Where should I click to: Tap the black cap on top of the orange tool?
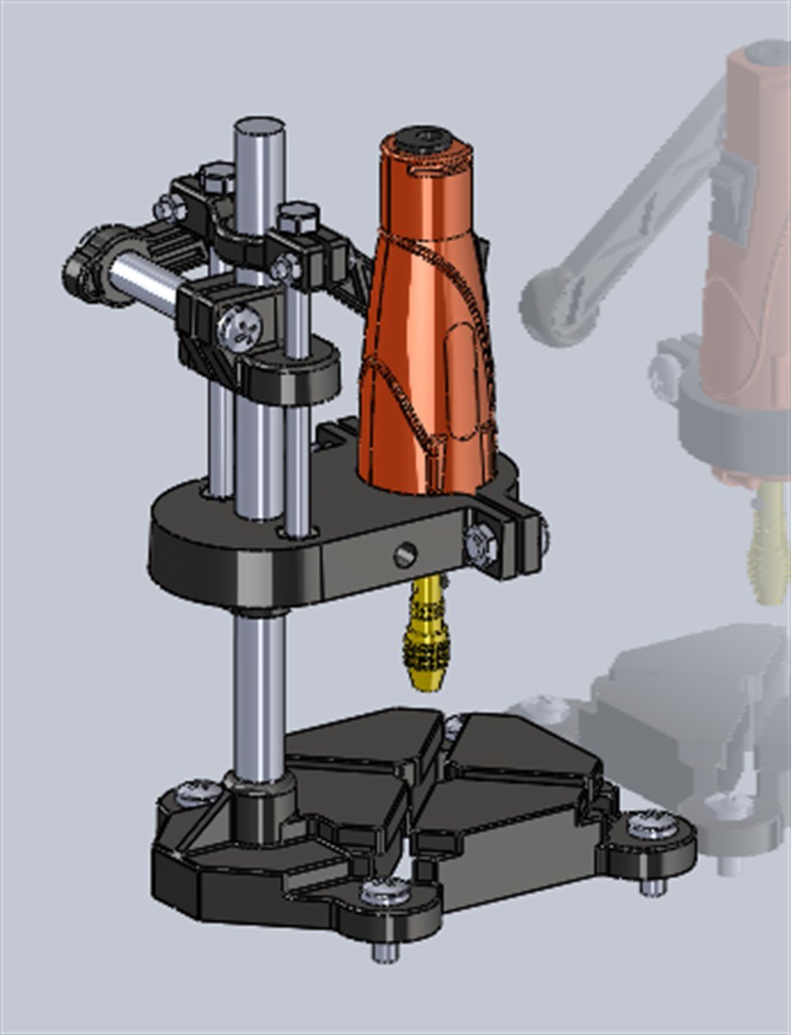(424, 142)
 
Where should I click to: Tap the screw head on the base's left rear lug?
(192, 791)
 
